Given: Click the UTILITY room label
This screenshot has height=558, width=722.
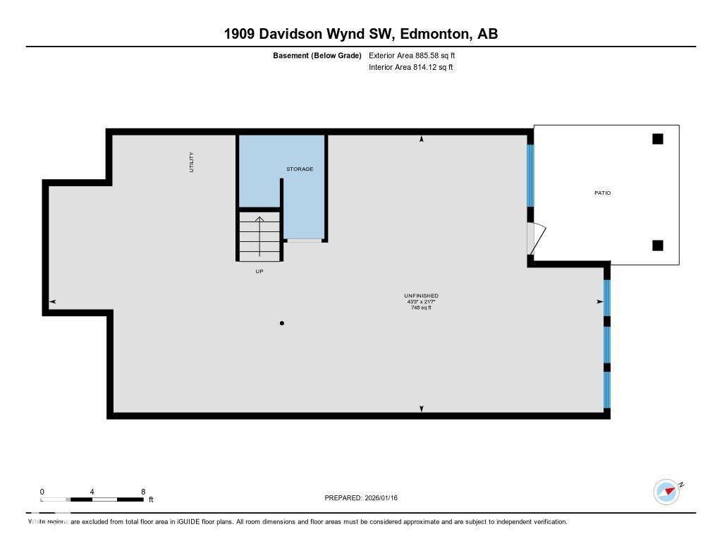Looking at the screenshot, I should pyautogui.click(x=191, y=162).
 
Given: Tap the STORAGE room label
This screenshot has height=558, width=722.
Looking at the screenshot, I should pyautogui.click(x=299, y=169).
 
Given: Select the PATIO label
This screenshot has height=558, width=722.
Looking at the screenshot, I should pyautogui.click(x=602, y=193).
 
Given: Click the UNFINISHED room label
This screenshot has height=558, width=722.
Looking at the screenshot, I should pyautogui.click(x=421, y=296).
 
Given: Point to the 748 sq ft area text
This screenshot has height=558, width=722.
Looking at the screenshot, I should pyautogui.click(x=421, y=308).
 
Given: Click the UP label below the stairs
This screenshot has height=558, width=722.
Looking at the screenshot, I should pyautogui.click(x=259, y=272).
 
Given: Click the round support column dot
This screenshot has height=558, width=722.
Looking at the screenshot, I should pyautogui.click(x=282, y=323).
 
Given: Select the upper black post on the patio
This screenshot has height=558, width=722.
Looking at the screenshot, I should pyautogui.click(x=657, y=139).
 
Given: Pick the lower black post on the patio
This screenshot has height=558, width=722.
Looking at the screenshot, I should pyautogui.click(x=657, y=245).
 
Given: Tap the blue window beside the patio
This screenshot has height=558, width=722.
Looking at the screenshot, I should pyautogui.click(x=530, y=175).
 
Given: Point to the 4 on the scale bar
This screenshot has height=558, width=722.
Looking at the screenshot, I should pyautogui.click(x=92, y=492).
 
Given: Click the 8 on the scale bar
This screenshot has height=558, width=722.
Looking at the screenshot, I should pyautogui.click(x=143, y=492).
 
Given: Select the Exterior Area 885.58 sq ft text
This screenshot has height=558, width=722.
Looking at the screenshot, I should pyautogui.click(x=417, y=55).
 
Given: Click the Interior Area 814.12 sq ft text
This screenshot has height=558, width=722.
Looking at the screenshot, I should pyautogui.click(x=410, y=68).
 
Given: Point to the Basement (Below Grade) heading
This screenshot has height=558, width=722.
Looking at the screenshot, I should pyautogui.click(x=317, y=55).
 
